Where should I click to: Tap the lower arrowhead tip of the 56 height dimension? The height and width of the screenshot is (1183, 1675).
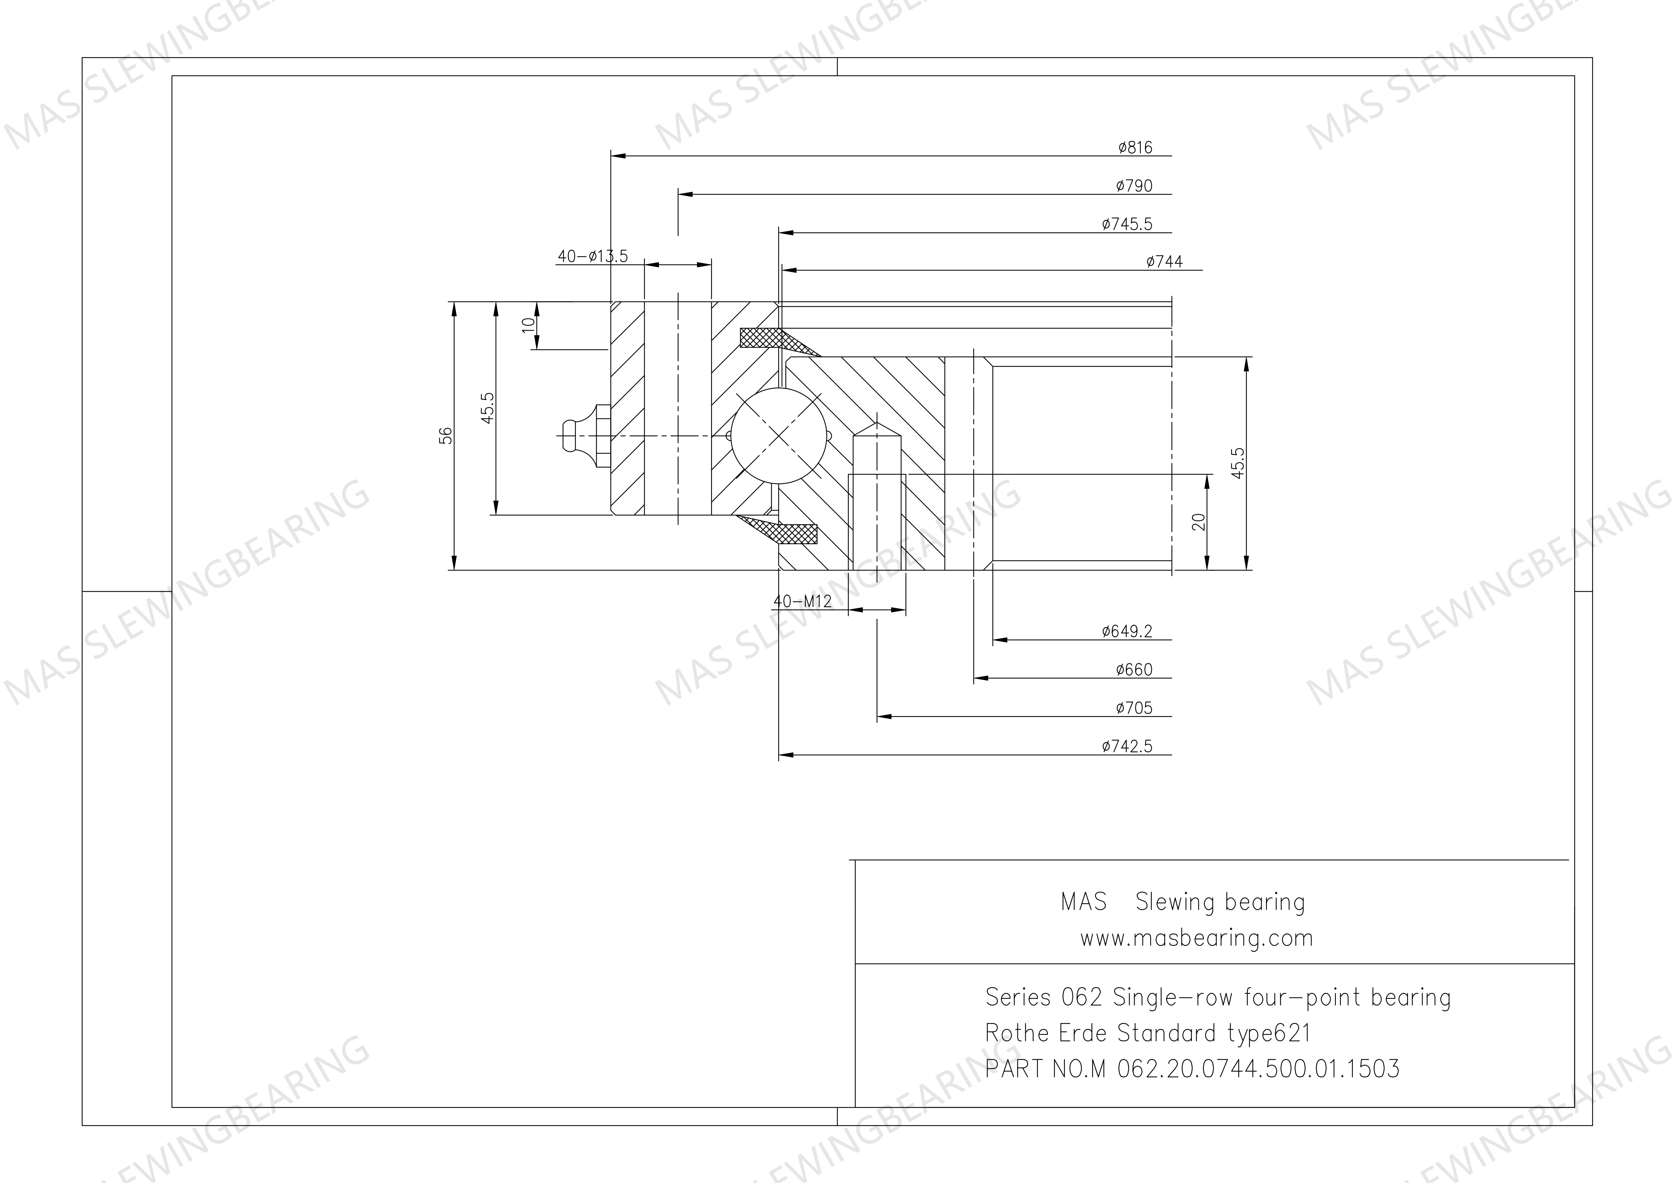click(x=454, y=569)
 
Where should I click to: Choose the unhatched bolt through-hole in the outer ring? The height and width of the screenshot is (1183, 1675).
click(x=678, y=408)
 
